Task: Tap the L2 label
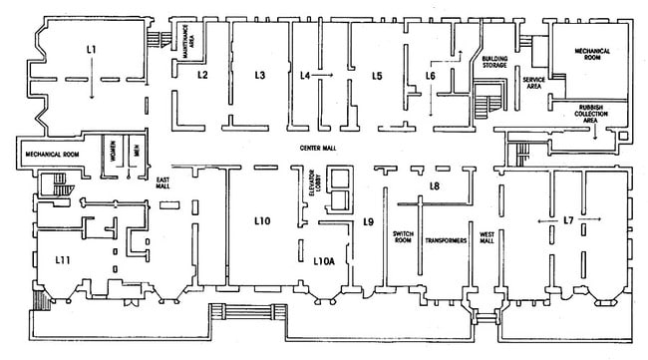[x=201, y=75]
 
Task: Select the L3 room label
[x=259, y=75]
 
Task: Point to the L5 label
[x=377, y=75]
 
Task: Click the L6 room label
[x=431, y=75]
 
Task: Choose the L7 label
[x=568, y=218]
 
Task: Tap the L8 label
[x=434, y=186]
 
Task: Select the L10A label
[x=324, y=261]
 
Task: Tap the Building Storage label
[x=495, y=64]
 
